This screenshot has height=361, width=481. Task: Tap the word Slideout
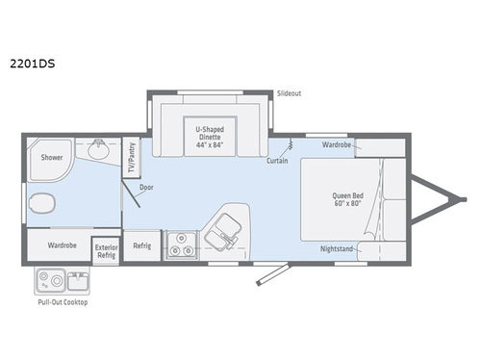[x=290, y=93]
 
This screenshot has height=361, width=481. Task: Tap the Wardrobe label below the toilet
[x=63, y=245]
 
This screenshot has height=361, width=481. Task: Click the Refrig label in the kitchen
[x=141, y=245]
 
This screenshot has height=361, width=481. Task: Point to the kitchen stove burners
[x=178, y=245]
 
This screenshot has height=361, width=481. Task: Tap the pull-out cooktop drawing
[x=60, y=282]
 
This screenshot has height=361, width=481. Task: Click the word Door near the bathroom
[x=146, y=189]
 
